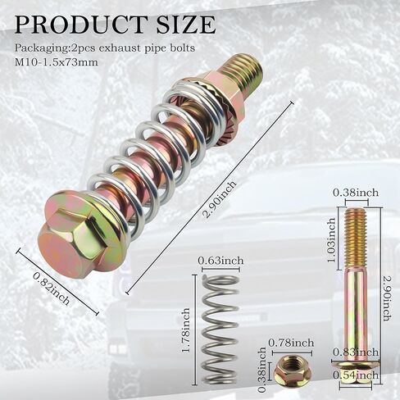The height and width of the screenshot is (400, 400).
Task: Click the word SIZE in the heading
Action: click(x=181, y=25)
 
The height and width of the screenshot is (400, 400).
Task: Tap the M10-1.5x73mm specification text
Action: click(x=56, y=62)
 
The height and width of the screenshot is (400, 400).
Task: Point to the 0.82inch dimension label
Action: click(x=51, y=289)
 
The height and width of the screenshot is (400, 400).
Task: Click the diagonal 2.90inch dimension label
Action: click(x=220, y=200)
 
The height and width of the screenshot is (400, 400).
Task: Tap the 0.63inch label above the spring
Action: click(x=220, y=261)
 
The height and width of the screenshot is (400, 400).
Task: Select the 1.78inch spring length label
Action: click(x=187, y=330)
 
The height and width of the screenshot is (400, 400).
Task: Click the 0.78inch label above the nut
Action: click(x=291, y=343)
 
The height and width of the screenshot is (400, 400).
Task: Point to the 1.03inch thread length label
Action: click(x=331, y=240)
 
